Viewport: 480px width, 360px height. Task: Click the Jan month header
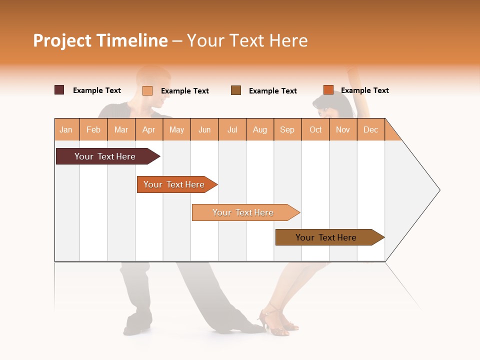(x=66, y=129)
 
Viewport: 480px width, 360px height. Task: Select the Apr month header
(x=149, y=129)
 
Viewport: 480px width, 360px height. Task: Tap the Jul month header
(x=232, y=129)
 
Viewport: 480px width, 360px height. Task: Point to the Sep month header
(x=287, y=129)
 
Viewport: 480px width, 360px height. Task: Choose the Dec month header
(x=370, y=129)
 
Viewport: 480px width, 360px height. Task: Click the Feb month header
(x=93, y=129)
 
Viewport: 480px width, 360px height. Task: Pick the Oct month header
(x=315, y=129)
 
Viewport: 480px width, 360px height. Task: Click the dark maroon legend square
(x=59, y=90)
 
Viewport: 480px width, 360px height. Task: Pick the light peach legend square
(x=147, y=90)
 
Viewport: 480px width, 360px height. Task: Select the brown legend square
(x=236, y=90)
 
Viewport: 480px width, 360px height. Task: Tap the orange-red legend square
(x=328, y=90)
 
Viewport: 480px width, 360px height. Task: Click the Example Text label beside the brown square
(x=272, y=91)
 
